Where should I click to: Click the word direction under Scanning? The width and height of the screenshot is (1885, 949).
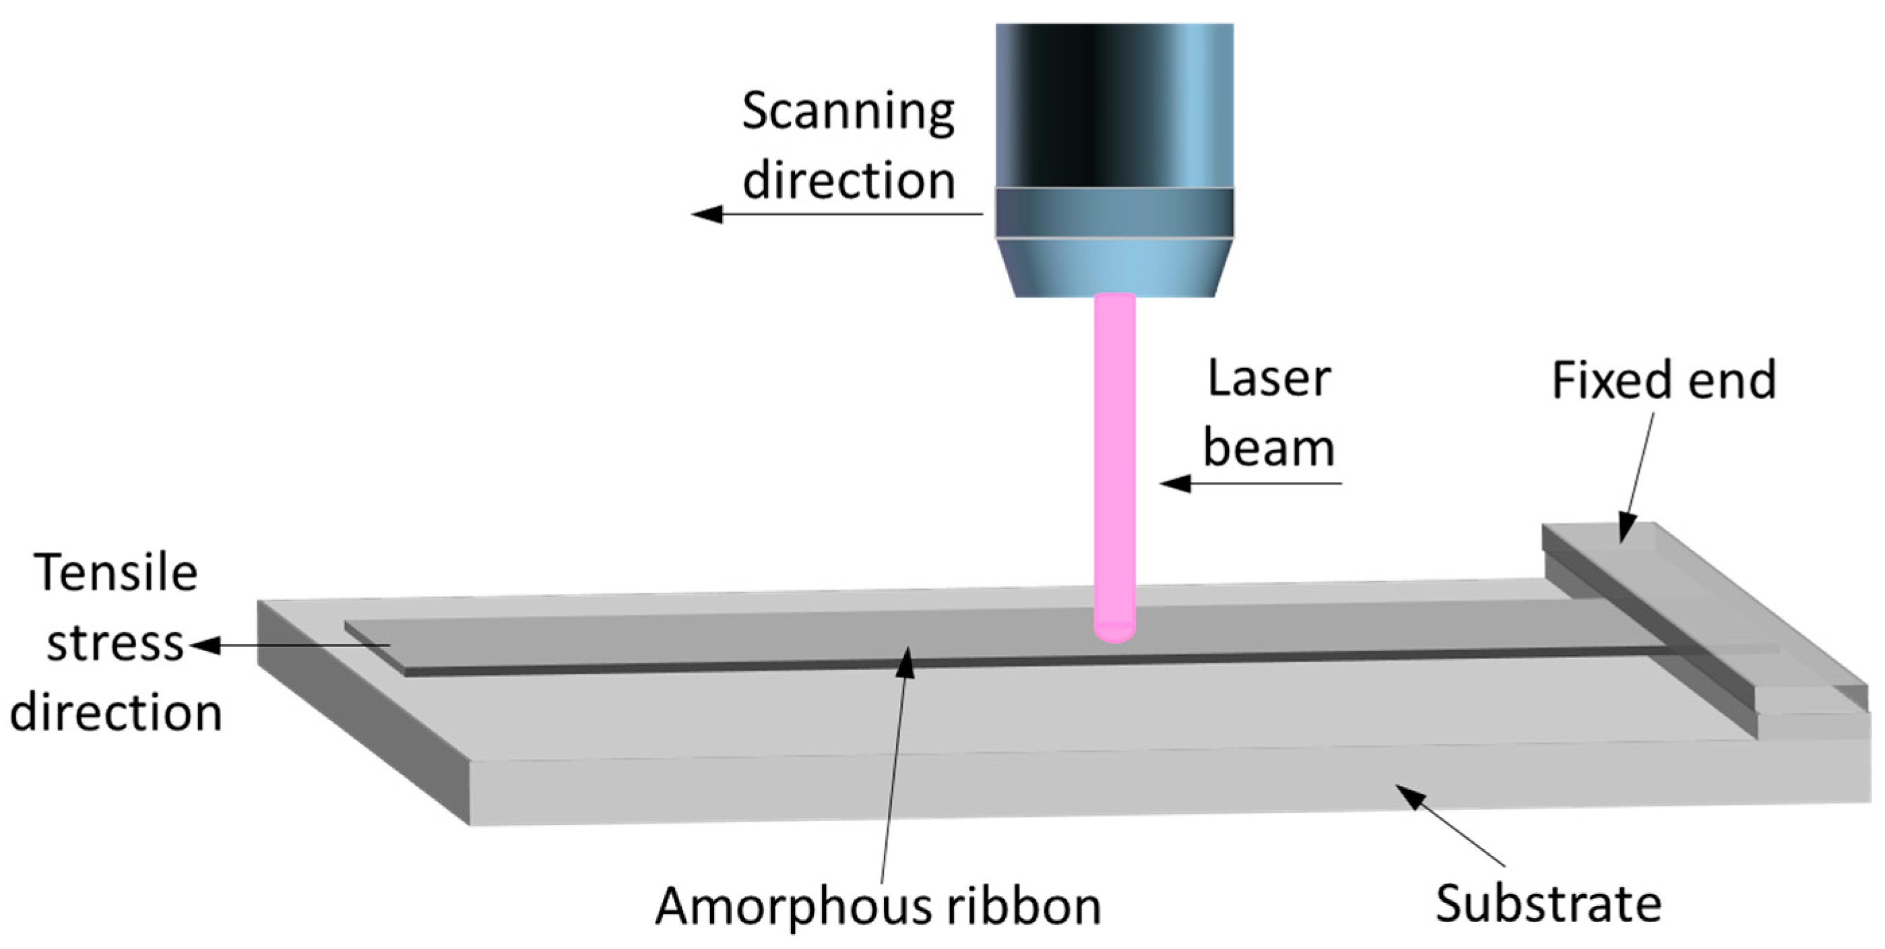(x=849, y=179)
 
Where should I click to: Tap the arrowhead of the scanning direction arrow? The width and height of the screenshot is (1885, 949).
(x=705, y=214)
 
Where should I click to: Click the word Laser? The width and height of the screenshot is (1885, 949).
(x=1269, y=379)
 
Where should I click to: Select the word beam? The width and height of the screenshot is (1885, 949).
(x=1269, y=448)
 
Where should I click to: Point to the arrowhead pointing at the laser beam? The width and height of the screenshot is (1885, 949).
(x=1174, y=483)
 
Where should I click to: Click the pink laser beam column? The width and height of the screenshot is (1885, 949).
(x=1114, y=454)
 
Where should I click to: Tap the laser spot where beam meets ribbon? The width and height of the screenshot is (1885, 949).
(x=1114, y=631)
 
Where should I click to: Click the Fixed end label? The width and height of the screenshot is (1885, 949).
(x=1664, y=381)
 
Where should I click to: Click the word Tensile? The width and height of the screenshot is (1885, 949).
(x=116, y=573)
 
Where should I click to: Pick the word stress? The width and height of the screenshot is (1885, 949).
(x=116, y=644)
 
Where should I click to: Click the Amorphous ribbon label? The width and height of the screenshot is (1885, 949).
(x=878, y=907)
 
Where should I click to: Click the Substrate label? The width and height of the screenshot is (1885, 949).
(x=1548, y=904)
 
